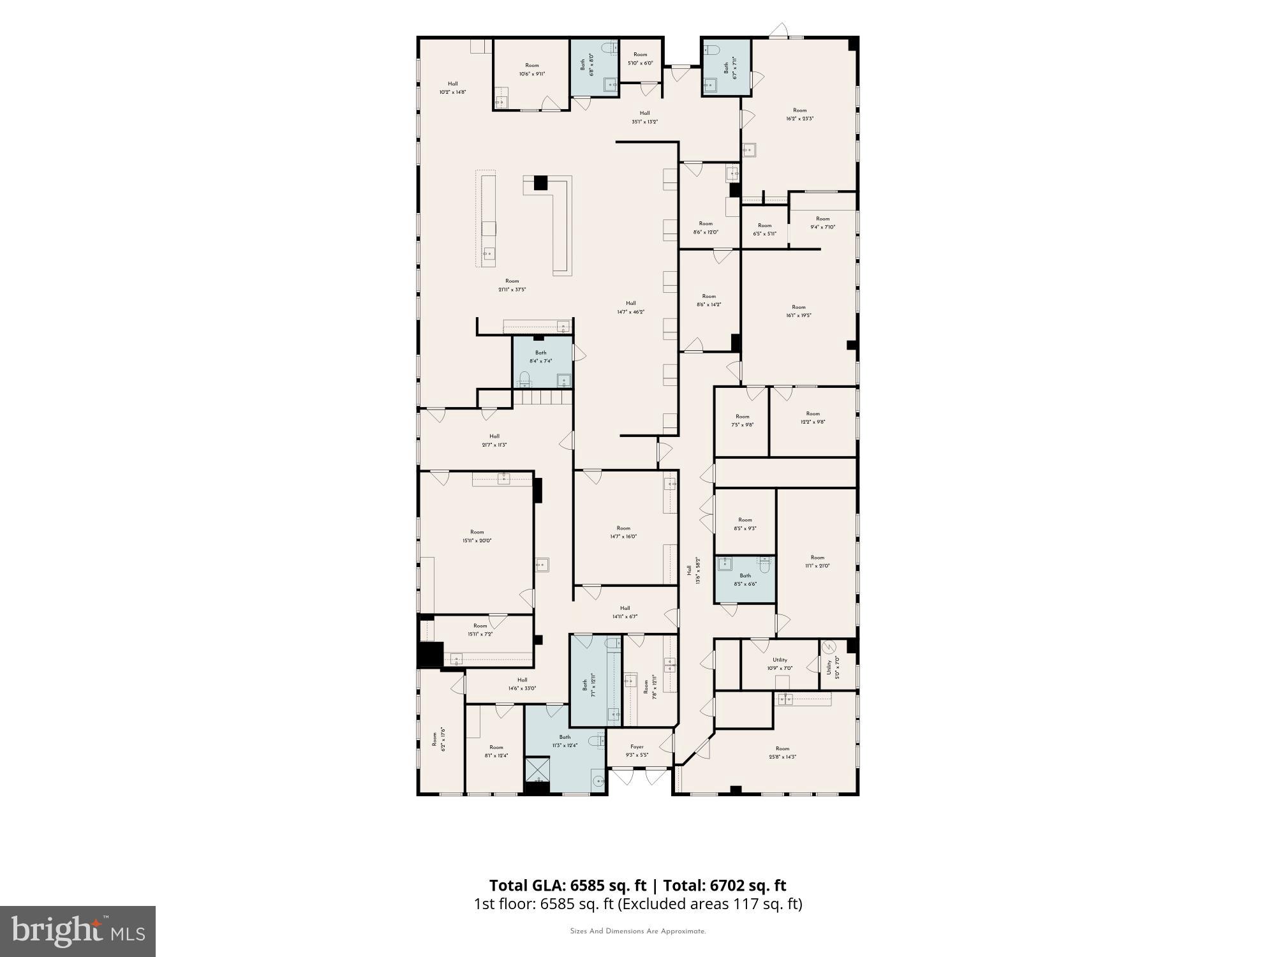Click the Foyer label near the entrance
[x=637, y=750]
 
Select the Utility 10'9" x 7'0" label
[x=780, y=664]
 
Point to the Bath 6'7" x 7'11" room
[x=726, y=67]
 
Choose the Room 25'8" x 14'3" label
[x=782, y=753]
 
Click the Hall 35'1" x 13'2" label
[x=644, y=117]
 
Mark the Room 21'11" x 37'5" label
[x=512, y=285]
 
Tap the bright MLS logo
[x=78, y=932]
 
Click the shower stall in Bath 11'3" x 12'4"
[x=537, y=768]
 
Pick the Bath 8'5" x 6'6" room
[x=745, y=579]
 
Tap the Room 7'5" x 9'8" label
[x=742, y=420]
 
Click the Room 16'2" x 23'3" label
[x=799, y=114]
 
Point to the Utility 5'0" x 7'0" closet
[x=833, y=665]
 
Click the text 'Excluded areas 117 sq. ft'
[x=710, y=904]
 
